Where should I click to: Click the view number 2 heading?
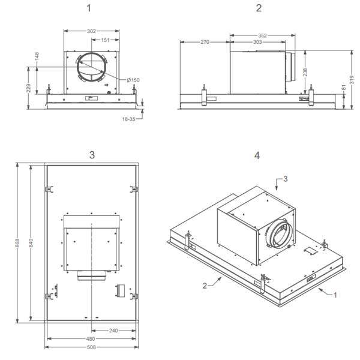pos(259,8)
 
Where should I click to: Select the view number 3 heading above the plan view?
pos(92,155)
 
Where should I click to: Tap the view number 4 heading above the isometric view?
pos(257,155)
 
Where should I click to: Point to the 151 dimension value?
pos(105,40)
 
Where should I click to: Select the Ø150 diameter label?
pos(133,80)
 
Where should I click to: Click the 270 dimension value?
pos(204,43)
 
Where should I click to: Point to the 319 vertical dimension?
pos(353,75)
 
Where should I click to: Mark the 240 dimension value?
pos(114,330)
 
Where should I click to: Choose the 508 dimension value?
pos(91,346)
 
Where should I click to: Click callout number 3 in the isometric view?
pos(286,179)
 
